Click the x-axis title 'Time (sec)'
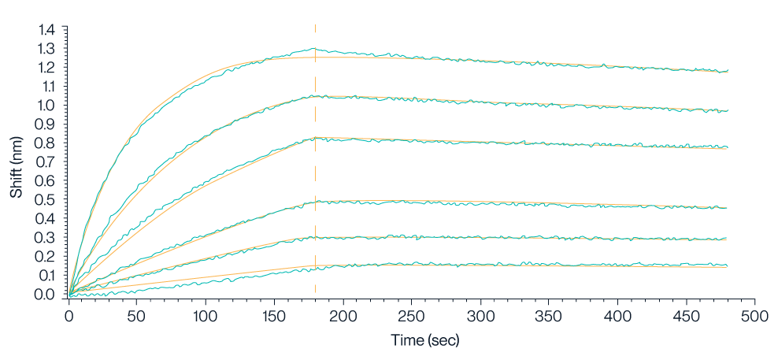[x=425, y=340]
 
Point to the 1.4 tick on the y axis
[x=48, y=30]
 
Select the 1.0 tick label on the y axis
[x=48, y=106]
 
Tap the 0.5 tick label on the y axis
[x=48, y=200]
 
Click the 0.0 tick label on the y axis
[x=48, y=295]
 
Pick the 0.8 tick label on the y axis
[x=48, y=143]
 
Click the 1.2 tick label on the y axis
[x=48, y=68]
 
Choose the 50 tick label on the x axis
[x=137, y=315]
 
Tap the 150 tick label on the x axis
[x=274, y=315]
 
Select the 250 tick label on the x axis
[x=411, y=315]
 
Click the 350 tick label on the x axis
[x=549, y=315]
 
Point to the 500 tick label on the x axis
[x=754, y=315]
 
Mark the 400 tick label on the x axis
[x=617, y=315]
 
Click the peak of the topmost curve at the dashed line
[x=316, y=50]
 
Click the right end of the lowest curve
[x=727, y=266]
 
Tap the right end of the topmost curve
[x=727, y=72]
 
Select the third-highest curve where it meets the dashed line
[x=316, y=138]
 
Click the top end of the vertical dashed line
[x=316, y=25]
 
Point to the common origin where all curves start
[x=69, y=295]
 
